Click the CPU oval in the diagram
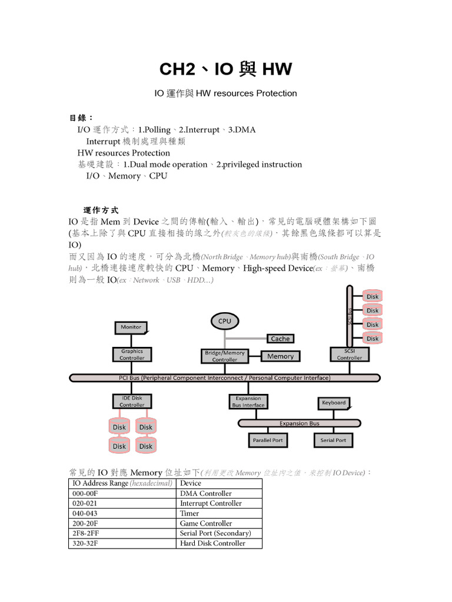[x=224, y=321]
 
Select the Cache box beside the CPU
[x=280, y=339]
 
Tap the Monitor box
[x=130, y=327]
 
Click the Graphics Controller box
[x=132, y=354]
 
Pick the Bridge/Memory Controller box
[x=224, y=356]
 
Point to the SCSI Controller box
[x=350, y=354]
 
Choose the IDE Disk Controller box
[x=132, y=402]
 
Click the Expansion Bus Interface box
[x=248, y=402]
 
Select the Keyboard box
[x=334, y=403]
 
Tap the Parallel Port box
[x=267, y=440]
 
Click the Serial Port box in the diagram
[x=333, y=440]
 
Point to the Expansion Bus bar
[x=299, y=423]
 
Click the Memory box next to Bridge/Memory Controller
[x=280, y=356]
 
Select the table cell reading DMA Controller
[x=206, y=493]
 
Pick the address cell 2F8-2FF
[x=85, y=533]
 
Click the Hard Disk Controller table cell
[x=212, y=543]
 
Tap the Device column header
[x=191, y=483]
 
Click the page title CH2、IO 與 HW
[x=225, y=69]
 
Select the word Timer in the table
[x=190, y=513]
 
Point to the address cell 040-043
[x=85, y=513]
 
